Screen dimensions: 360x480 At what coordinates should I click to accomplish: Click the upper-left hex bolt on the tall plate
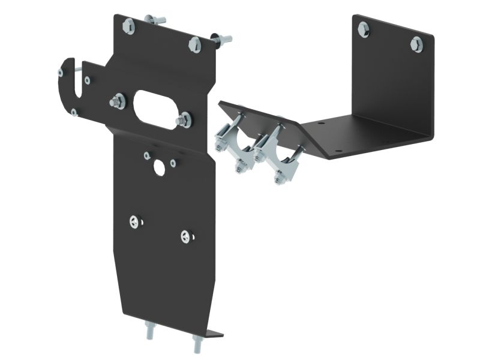(128, 26)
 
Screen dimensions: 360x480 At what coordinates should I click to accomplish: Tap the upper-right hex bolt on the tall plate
(194, 44)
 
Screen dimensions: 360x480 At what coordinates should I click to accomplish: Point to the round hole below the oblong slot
(159, 168)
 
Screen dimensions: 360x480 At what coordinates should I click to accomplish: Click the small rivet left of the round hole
(147, 156)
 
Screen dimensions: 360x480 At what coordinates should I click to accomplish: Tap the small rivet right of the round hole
(173, 163)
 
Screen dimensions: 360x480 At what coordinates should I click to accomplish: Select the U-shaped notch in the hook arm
(75, 84)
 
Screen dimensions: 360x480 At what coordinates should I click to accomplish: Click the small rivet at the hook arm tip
(61, 73)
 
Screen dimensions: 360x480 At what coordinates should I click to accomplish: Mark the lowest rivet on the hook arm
(74, 112)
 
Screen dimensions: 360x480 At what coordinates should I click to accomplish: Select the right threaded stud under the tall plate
(197, 344)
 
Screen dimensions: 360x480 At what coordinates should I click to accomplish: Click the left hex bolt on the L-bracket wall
(364, 29)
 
